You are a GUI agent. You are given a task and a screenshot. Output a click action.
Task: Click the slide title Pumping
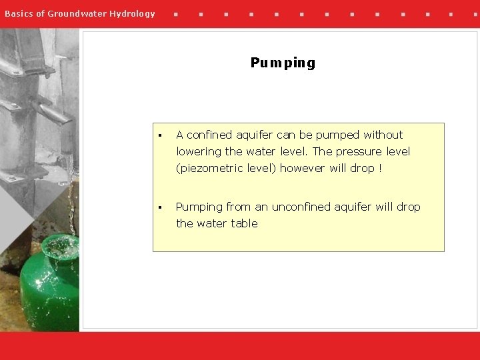tap(283, 63)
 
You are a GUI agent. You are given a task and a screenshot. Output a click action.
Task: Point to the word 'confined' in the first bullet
tap(207, 135)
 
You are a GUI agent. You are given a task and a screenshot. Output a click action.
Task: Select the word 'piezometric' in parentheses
tap(208, 168)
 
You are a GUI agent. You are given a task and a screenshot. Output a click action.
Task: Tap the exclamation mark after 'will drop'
tap(380, 168)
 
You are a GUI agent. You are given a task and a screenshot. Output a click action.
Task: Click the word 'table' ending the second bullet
tap(244, 223)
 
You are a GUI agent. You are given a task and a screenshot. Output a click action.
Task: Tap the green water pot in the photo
tap(50, 280)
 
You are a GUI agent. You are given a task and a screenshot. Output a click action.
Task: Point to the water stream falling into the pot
tap(69, 200)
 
